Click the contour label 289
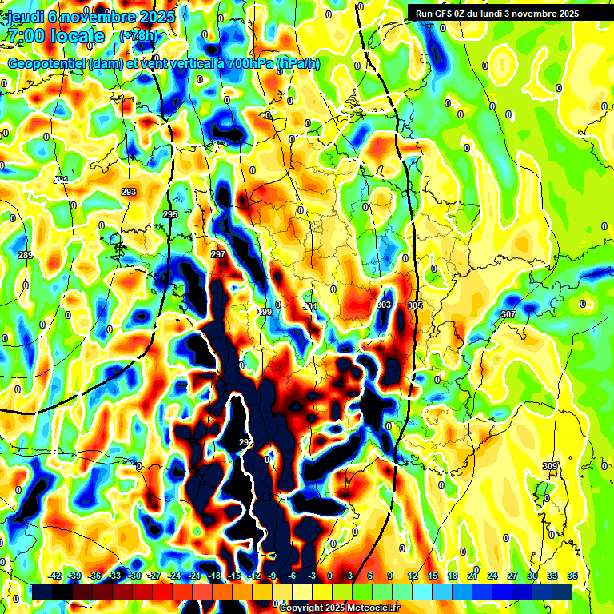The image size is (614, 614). (26, 255)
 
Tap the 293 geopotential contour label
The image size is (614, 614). (129, 192)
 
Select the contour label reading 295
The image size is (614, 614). (169, 215)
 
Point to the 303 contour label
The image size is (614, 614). (384, 305)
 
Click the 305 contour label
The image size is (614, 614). (414, 305)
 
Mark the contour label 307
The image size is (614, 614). (508, 314)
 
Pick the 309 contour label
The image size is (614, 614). (549, 466)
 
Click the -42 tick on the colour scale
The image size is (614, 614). (55, 576)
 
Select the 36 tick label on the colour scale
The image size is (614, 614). (572, 576)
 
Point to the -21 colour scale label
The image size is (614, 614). (194, 576)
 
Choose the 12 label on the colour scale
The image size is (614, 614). (413, 576)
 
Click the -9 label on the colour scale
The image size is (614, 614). (273, 576)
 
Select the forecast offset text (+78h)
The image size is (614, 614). (138, 36)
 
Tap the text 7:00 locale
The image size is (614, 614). (55, 36)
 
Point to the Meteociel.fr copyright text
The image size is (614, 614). (339, 608)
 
